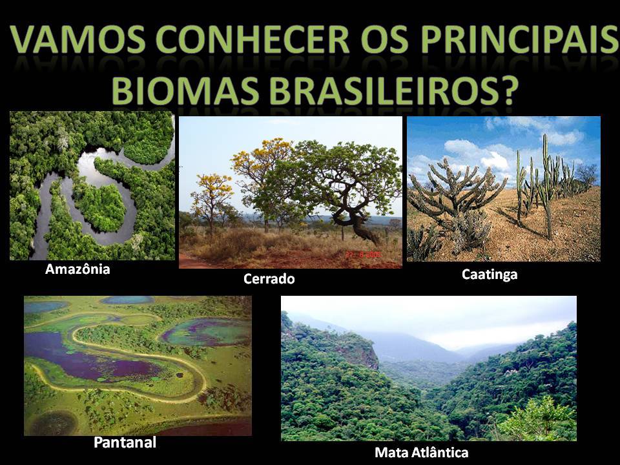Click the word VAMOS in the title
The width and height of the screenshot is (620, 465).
pos(77,39)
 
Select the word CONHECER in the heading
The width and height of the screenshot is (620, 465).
pos(253,39)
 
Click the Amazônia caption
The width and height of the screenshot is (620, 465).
pos(77,269)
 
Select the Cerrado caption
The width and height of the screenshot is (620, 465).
pos(269,279)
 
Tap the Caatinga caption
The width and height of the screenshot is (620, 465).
pos(490,274)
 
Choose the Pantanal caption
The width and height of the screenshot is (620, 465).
pos(125,442)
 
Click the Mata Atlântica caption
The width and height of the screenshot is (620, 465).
pos(422,452)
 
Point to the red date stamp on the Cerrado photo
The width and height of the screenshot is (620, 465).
pos(364,254)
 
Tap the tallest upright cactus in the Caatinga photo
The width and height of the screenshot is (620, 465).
pos(546,186)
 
